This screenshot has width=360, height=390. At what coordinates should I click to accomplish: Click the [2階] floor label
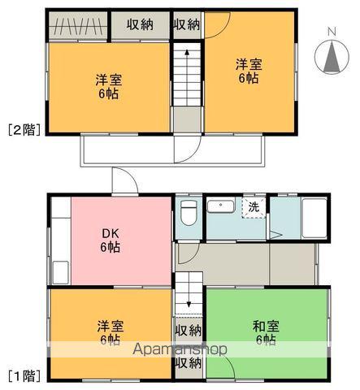pos(23,128)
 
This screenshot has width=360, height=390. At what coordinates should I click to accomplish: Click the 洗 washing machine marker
pos(254,207)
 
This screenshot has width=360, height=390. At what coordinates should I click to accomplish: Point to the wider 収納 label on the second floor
pos(140,25)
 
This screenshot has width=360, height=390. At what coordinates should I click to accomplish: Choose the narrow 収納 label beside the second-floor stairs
pos(186,25)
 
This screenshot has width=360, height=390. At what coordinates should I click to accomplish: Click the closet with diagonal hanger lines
pos(76,25)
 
